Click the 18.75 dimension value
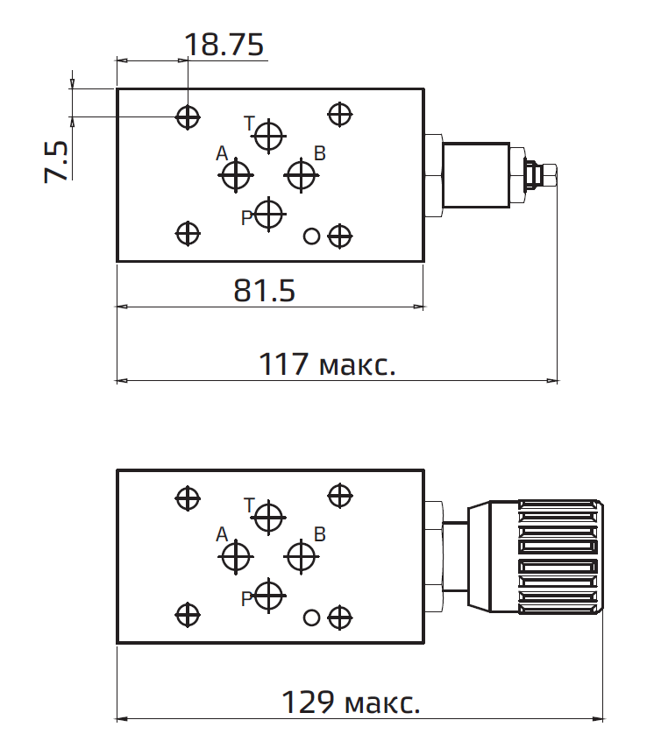click(224, 45)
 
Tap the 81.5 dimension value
click(264, 290)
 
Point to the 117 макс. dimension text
click(327, 363)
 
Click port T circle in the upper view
click(268, 136)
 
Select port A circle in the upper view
click(236, 176)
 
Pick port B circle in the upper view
click(302, 175)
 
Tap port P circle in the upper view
click(268, 214)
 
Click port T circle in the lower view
click(268, 517)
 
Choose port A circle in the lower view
click(236, 555)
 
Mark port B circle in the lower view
click(302, 555)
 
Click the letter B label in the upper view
click(320, 154)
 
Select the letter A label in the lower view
click(221, 534)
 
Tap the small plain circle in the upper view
click(310, 236)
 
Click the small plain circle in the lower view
click(310, 618)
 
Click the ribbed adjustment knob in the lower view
click(559, 557)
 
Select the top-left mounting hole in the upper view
click(188, 116)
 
